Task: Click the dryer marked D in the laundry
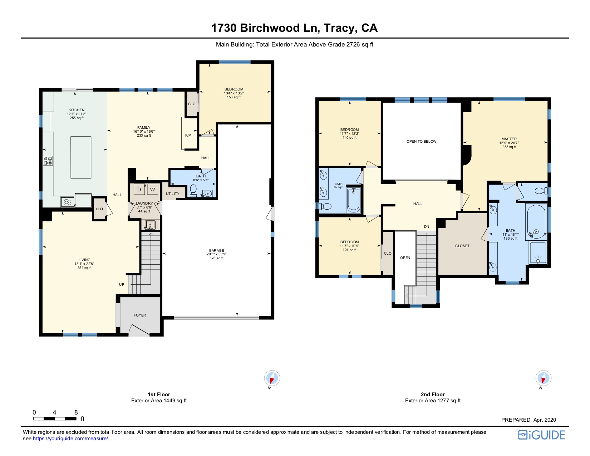click(x=139, y=190)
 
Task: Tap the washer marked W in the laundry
click(x=153, y=190)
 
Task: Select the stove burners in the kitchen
click(x=48, y=161)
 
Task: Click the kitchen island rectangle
click(x=81, y=157)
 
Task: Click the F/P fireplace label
click(x=188, y=136)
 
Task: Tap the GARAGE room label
click(x=216, y=251)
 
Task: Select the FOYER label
click(x=140, y=315)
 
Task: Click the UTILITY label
click(x=173, y=194)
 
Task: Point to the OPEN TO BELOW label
click(x=421, y=142)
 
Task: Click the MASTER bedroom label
click(x=509, y=139)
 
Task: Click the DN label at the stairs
click(x=427, y=227)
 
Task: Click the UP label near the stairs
click(x=122, y=285)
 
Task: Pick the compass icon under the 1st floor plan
click(x=272, y=378)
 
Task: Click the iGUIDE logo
click(x=541, y=435)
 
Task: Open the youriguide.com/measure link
click(x=70, y=439)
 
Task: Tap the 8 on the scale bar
click(x=76, y=412)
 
